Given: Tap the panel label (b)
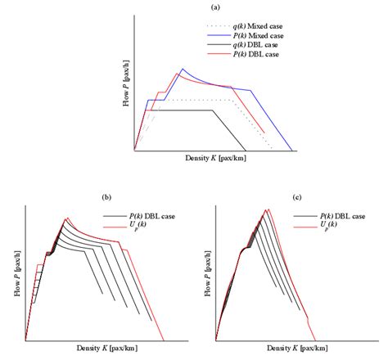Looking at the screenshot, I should click(x=106, y=197).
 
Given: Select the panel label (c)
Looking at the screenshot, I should click(x=296, y=197).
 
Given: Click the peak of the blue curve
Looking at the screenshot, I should click(x=183, y=70).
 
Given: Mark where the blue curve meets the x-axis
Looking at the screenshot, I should click(x=293, y=151).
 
